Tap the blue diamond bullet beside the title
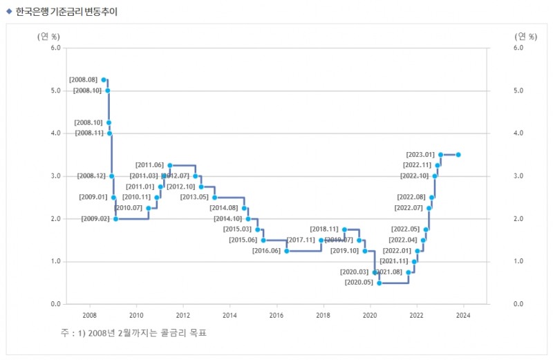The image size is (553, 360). coord(9,11)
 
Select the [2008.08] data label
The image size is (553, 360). coord(84,80)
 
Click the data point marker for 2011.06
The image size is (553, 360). coord(170,165)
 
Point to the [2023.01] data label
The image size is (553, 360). coord(420,154)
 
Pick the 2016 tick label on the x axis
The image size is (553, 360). coord(276,316)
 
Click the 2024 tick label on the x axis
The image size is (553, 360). coord(463,316)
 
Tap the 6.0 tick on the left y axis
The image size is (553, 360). coord(55,48)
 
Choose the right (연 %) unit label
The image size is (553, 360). coord(525,36)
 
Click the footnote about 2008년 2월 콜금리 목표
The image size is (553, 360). coord(134,333)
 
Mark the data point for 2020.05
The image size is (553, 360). coord(379,283)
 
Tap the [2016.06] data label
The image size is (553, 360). coord(266,251)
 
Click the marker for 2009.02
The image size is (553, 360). coord(115,219)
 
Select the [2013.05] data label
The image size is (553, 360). coord(194,197)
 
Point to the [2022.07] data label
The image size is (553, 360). coord(409,208)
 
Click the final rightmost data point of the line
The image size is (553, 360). coord(458,155)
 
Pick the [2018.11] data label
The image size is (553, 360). coord(324,229)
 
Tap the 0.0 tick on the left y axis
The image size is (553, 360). coord(55,305)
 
